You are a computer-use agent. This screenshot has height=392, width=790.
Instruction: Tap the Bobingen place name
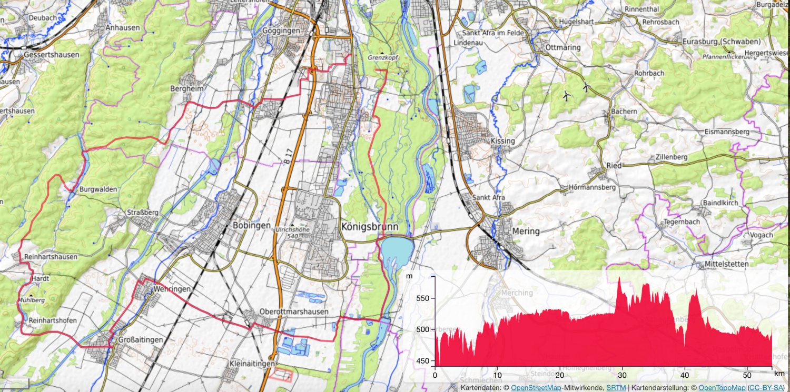pos(251,225)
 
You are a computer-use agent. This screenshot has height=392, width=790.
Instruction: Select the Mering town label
pos(526,232)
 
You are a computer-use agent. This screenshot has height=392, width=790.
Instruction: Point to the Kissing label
pos(502,141)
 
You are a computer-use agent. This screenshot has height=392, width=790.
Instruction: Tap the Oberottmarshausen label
pos(294,311)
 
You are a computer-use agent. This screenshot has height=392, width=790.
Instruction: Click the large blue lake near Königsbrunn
pos(396,251)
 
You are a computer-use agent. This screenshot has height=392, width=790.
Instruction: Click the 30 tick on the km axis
pos(622,375)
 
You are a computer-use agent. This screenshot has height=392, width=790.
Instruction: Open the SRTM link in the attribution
pos(616,387)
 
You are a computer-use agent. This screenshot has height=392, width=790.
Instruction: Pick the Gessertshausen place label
pos(52,55)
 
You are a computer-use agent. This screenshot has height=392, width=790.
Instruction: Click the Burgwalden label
pos(98,189)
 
